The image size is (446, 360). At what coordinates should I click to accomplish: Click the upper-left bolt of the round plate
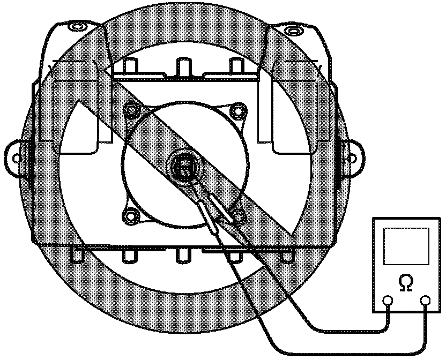click(131, 111)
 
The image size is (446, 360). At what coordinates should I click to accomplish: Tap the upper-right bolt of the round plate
click(236, 111)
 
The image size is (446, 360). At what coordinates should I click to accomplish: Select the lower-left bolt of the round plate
click(130, 216)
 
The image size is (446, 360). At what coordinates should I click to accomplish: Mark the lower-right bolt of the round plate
click(238, 216)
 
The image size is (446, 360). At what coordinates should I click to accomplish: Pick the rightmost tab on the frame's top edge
click(236, 65)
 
